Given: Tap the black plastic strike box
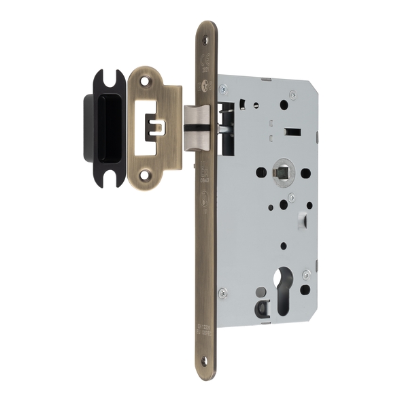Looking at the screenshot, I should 102,127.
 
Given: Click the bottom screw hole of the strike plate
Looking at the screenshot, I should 144,175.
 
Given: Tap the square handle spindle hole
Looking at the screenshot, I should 281,172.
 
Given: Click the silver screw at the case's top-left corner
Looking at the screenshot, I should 223,87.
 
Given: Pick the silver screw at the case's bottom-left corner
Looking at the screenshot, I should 223,293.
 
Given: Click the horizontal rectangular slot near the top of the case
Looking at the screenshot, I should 290,129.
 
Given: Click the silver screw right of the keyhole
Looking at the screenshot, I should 307,275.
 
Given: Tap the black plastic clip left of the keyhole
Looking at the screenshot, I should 261,309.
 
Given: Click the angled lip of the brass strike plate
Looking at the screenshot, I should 173,127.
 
